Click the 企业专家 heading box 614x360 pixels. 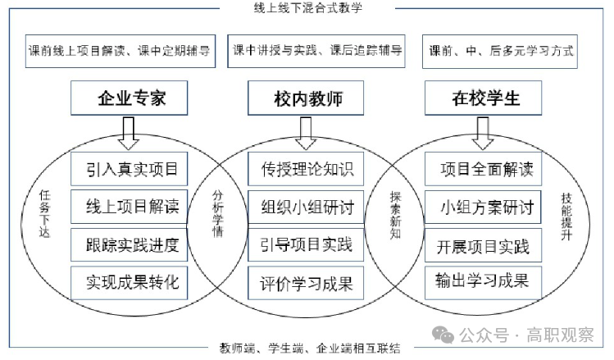point(131,99)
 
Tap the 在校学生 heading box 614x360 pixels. point(485,99)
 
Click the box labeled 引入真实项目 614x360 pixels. point(131,171)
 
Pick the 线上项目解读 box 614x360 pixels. point(131,207)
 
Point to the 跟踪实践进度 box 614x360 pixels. point(131,244)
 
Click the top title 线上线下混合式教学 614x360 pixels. point(307,7)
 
